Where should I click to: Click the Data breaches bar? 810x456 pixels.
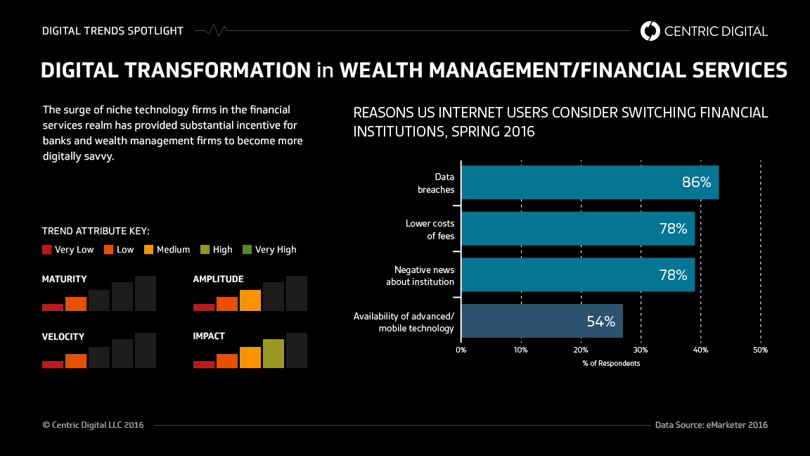coord(589,183)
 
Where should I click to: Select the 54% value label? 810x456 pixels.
coord(600,322)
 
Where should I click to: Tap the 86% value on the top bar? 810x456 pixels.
coord(696,183)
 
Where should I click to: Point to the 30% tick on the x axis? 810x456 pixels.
coord(641,350)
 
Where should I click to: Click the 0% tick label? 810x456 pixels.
coord(461,350)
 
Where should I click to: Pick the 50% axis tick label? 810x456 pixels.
coord(760,350)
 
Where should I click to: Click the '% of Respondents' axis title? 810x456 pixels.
coord(611,363)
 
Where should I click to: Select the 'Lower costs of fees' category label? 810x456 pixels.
coord(430,229)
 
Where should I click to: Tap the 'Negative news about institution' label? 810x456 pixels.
coord(420,276)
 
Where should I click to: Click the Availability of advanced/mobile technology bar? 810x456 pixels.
coord(541,322)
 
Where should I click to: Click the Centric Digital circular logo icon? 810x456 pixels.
coord(650,31)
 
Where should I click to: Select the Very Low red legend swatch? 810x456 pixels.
coord(47,249)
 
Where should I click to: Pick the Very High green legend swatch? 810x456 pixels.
coord(247,249)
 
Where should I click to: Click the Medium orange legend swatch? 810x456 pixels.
coord(148,249)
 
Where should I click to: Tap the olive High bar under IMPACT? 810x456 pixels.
coord(274,353)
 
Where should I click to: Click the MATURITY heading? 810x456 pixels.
coord(65,279)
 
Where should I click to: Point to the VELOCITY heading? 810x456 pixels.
coord(63,336)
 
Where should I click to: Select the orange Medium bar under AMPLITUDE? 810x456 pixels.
coord(250,300)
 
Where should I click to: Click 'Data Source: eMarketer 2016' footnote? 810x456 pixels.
coord(711,425)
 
